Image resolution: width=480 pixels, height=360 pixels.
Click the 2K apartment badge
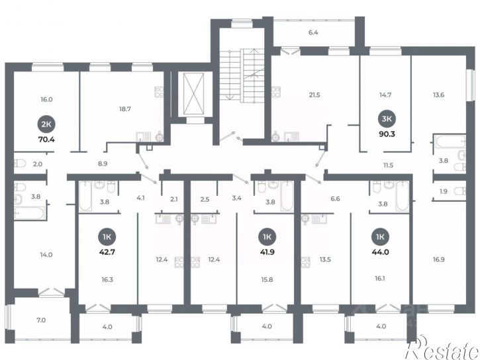[x=46, y=124]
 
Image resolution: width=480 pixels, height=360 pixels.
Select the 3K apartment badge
[x=387, y=118]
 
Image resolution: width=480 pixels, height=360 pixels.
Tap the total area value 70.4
[x=46, y=140]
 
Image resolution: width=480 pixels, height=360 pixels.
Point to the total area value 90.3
[x=387, y=134]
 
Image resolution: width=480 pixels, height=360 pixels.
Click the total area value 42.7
[x=107, y=252]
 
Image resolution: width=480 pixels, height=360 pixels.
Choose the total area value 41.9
[x=267, y=252]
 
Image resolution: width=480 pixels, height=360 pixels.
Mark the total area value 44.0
[x=380, y=252]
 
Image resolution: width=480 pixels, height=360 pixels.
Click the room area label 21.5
[x=314, y=95]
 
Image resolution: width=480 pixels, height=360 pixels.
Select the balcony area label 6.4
[x=313, y=32]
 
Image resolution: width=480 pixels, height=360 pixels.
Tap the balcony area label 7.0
[x=41, y=320]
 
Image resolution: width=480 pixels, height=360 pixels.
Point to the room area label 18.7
[x=125, y=109]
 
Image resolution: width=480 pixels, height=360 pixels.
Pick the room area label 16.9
[x=438, y=259]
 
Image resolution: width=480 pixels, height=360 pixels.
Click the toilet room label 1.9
[x=444, y=191]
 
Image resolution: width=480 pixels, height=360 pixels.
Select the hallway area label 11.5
[x=388, y=165]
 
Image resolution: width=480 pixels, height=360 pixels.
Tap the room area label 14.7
[x=385, y=95]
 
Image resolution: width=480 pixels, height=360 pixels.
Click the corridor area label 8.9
[x=103, y=163]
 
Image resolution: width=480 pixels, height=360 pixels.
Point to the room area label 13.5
[x=325, y=259]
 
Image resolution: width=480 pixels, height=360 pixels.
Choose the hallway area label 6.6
[x=335, y=199]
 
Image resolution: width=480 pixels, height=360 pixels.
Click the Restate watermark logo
[x=442, y=349]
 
